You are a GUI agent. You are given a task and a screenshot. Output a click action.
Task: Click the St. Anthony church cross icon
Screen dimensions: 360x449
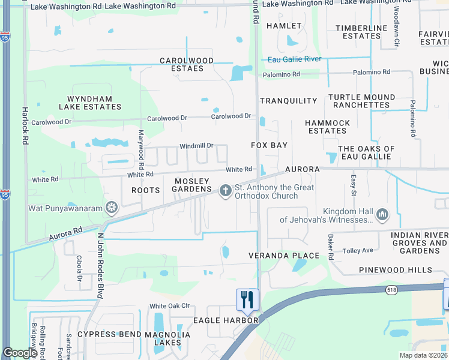226,191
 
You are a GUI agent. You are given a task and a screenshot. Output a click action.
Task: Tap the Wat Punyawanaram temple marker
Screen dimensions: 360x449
112,208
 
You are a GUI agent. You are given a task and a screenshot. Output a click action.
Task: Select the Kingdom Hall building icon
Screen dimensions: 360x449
382,214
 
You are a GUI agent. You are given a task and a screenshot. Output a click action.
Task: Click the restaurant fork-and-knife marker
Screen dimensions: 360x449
247,299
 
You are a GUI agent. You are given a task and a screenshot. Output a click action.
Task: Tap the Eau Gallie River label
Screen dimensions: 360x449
295,59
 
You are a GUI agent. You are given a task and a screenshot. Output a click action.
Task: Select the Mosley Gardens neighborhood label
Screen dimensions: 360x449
192,185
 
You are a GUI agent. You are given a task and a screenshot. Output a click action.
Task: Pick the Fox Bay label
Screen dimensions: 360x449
269,145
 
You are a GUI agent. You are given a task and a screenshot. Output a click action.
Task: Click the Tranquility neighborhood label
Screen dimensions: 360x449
288,101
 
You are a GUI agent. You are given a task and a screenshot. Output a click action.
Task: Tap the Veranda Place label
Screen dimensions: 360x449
280,256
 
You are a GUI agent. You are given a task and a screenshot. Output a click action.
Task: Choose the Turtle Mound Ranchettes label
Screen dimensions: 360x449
361,101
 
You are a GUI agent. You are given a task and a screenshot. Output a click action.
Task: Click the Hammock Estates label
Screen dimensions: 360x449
327,127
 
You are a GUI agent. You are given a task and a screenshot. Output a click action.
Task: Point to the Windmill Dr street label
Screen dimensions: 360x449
196,146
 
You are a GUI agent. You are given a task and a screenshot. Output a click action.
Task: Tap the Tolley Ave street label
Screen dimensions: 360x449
358,250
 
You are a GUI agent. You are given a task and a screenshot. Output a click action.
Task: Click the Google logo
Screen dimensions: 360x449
20,353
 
